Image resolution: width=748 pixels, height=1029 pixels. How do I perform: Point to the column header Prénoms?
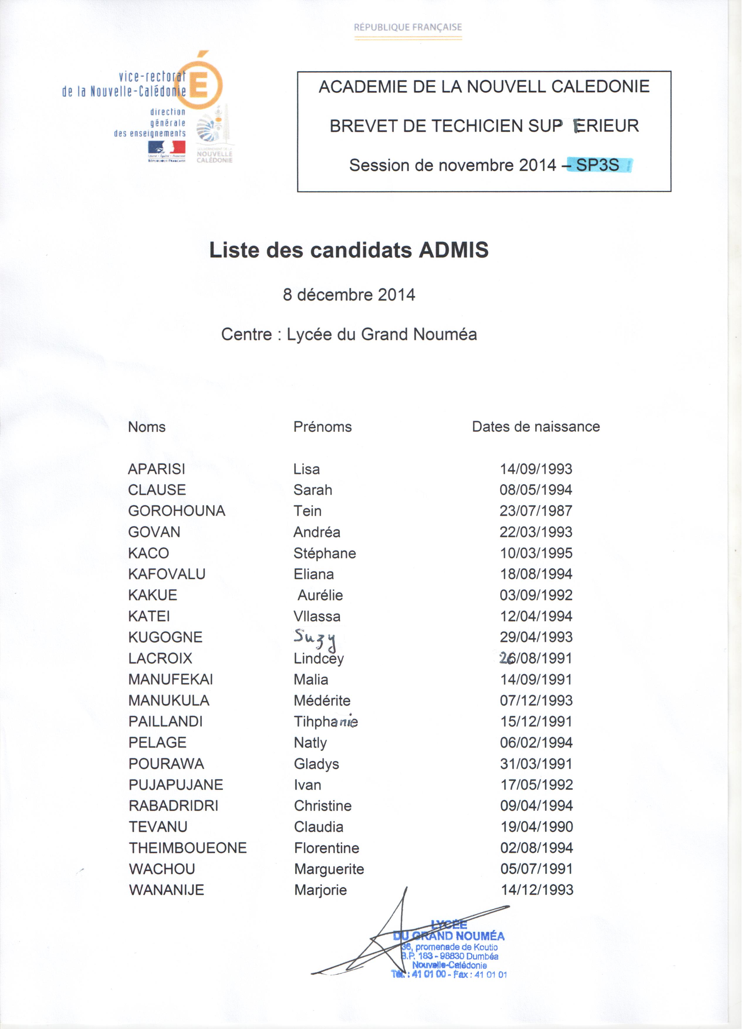(325, 430)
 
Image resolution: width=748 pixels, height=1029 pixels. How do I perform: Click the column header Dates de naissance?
(540, 430)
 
